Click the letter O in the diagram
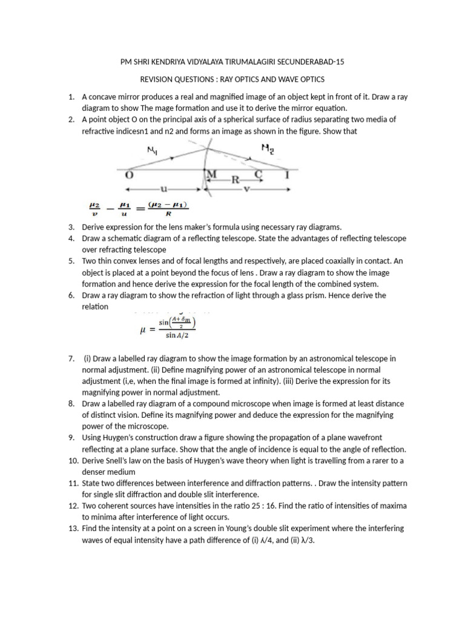click(x=129, y=175)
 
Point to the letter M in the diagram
click(x=212, y=175)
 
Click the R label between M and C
click(x=235, y=180)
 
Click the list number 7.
click(x=71, y=359)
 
